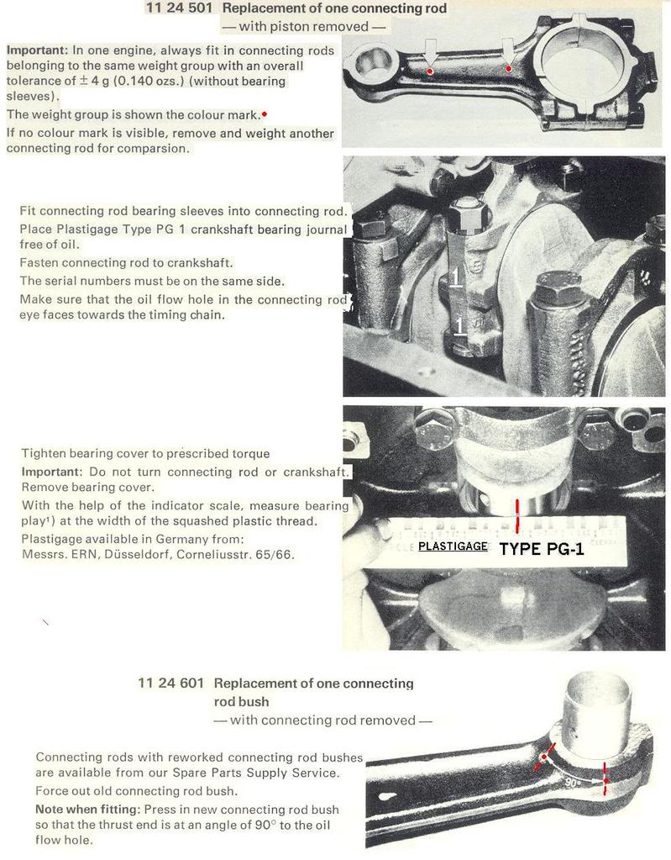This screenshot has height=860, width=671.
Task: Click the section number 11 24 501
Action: pyautogui.click(x=179, y=8)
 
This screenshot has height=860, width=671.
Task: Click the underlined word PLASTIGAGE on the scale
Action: pyautogui.click(x=453, y=546)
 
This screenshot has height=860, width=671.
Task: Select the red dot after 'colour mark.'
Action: pyautogui.click(x=265, y=113)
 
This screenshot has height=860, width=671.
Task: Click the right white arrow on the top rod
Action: pyautogui.click(x=507, y=52)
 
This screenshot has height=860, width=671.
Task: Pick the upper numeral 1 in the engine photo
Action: pyautogui.click(x=453, y=278)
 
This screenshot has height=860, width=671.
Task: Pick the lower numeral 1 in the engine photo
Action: pyautogui.click(x=459, y=324)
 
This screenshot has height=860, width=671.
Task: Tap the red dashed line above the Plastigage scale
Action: pyautogui.click(x=518, y=514)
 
